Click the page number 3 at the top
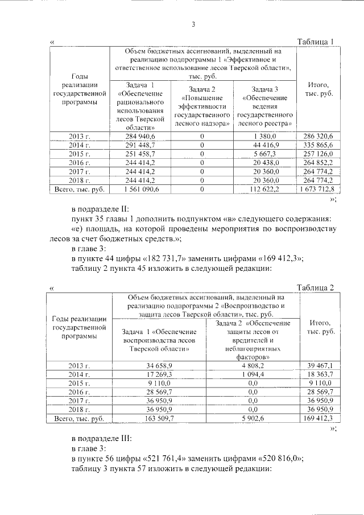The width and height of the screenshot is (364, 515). click(193, 24)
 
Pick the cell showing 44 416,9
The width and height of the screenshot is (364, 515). click(264, 145)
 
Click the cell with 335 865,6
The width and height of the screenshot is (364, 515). click(320, 145)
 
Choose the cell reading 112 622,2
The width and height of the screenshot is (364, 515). click(264, 188)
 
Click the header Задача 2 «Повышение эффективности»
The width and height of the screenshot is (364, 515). click(202, 106)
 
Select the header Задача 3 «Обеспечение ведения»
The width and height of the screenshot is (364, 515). click(265, 106)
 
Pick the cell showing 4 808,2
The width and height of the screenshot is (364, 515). click(253, 365)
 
